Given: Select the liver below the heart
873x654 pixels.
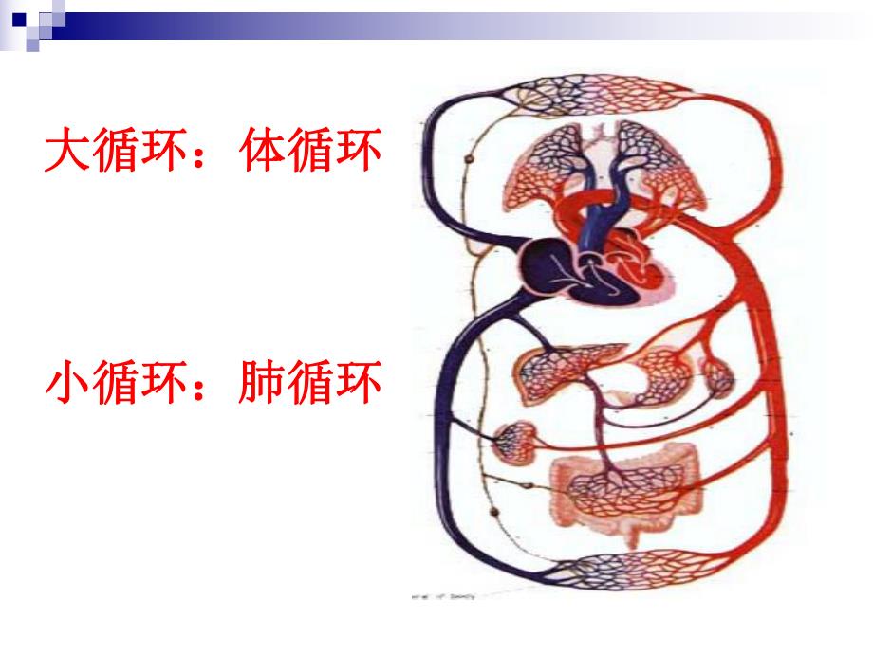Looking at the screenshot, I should point(555,370).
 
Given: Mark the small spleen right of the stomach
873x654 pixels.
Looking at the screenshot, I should point(718,377).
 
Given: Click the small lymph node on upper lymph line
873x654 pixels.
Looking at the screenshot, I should point(470,164).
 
